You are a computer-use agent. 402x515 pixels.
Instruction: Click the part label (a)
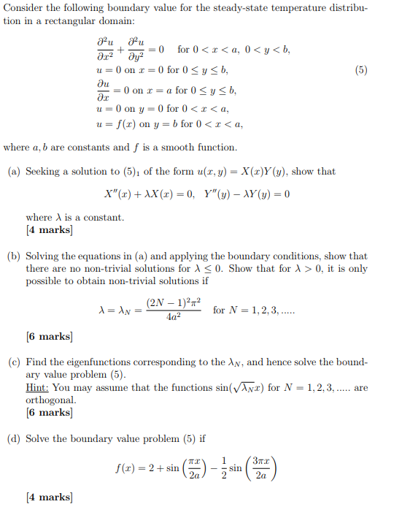(x=13, y=172)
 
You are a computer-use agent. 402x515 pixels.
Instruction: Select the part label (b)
(x=13, y=256)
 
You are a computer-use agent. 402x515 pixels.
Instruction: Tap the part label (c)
(x=13, y=362)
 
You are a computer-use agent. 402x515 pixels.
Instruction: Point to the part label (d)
(x=13, y=439)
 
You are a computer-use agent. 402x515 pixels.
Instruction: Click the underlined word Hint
(x=37, y=388)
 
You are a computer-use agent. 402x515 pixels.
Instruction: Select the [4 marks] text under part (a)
(x=49, y=229)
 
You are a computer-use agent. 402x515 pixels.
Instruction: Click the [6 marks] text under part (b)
(x=49, y=336)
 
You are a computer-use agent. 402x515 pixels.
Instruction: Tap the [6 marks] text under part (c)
(x=49, y=412)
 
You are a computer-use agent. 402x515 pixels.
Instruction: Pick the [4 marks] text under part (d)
(x=49, y=497)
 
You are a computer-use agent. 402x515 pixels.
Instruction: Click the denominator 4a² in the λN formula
(x=174, y=317)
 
